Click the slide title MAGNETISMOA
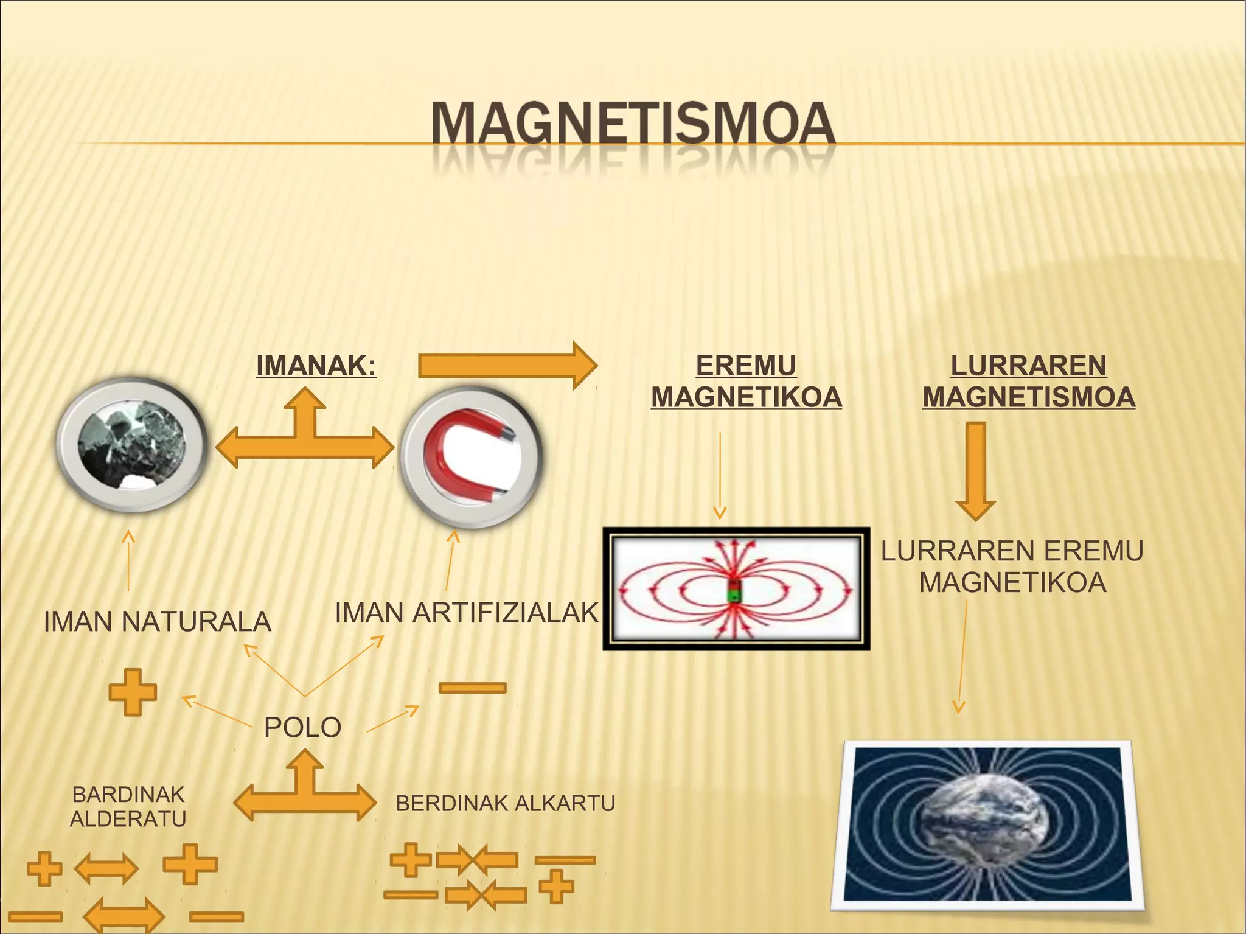pyautogui.click(x=633, y=124)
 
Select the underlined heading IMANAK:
pyautogui.click(x=316, y=366)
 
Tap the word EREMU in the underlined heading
pyautogui.click(x=746, y=366)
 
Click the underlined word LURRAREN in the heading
pyautogui.click(x=1028, y=366)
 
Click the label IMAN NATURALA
pyautogui.click(x=158, y=622)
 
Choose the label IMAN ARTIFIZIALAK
pyautogui.click(x=467, y=613)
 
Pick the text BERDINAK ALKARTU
pyautogui.click(x=505, y=804)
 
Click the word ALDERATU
pyautogui.click(x=128, y=820)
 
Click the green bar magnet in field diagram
pyautogui.click(x=734, y=591)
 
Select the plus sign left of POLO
pyautogui.click(x=133, y=692)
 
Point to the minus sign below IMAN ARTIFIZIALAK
pyautogui.click(x=472, y=688)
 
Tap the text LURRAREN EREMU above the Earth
pyautogui.click(x=1012, y=551)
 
